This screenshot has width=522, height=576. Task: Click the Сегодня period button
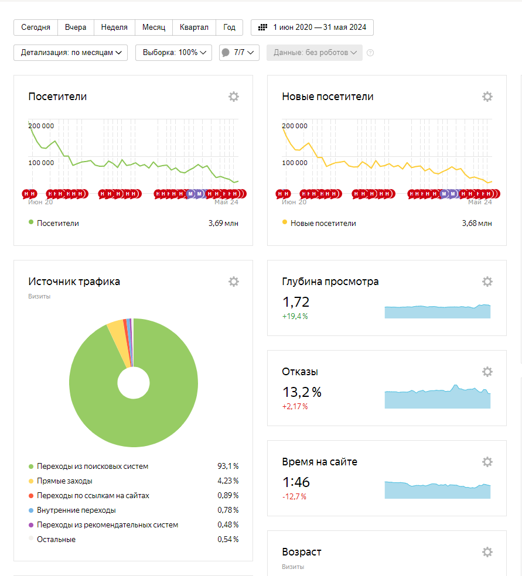[36, 28]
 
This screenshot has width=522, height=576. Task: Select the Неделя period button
[114, 28]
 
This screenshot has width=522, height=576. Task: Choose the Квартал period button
[194, 28]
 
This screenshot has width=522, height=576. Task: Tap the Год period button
[230, 28]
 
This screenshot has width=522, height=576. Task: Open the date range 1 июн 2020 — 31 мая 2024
[312, 28]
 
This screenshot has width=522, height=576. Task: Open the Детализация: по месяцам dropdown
[70, 53]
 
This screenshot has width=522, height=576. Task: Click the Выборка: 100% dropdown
[173, 53]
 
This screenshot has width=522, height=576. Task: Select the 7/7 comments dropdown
[239, 53]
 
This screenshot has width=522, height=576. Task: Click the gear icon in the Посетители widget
[234, 97]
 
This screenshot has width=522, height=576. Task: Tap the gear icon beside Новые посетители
[487, 97]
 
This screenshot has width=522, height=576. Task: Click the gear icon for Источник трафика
[234, 282]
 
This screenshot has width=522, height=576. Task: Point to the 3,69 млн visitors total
[223, 223]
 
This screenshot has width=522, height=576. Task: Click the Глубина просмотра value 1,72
[296, 302]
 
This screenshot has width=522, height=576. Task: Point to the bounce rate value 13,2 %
[302, 392]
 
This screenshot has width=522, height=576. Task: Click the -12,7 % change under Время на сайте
[295, 496]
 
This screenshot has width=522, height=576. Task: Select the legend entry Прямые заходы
[64, 481]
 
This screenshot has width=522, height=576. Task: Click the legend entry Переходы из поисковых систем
[93, 467]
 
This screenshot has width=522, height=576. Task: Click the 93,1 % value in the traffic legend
[228, 467]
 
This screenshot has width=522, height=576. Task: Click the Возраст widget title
[302, 552]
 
